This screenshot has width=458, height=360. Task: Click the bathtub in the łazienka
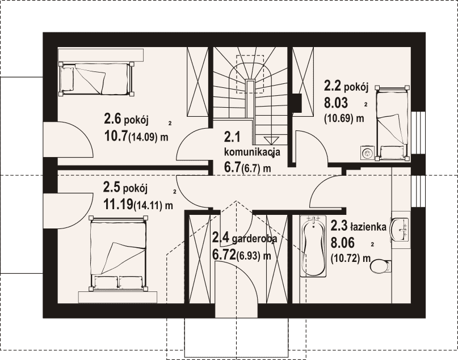(x=313, y=246)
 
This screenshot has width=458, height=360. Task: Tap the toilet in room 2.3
(x=381, y=265)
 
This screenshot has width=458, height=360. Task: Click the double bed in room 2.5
(x=117, y=253)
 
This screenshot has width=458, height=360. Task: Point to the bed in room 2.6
(x=96, y=79)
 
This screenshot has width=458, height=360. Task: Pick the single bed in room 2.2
(x=392, y=123)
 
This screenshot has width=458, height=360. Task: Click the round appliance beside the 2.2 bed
(x=366, y=153)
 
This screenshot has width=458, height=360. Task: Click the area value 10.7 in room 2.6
(x=116, y=135)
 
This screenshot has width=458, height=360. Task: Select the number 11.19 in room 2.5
(x=118, y=204)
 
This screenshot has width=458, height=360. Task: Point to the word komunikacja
(x=252, y=153)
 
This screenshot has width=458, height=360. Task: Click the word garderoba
(x=254, y=239)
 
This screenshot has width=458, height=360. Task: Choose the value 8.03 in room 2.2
(x=336, y=103)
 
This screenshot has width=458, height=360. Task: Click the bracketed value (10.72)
(x=345, y=258)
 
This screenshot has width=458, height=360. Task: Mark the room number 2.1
(x=232, y=137)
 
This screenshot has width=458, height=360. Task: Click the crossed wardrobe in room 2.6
(x=198, y=82)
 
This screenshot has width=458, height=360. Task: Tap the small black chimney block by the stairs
(x=297, y=103)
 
